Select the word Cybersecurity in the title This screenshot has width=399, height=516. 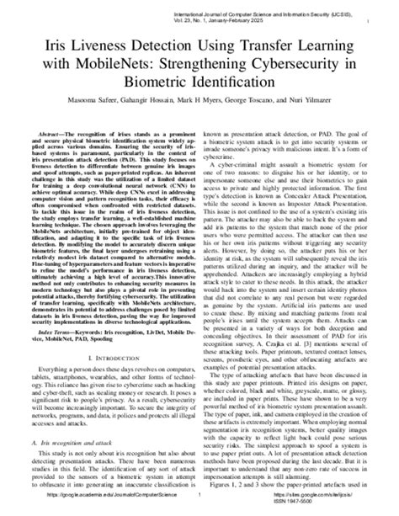pos(258,64)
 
